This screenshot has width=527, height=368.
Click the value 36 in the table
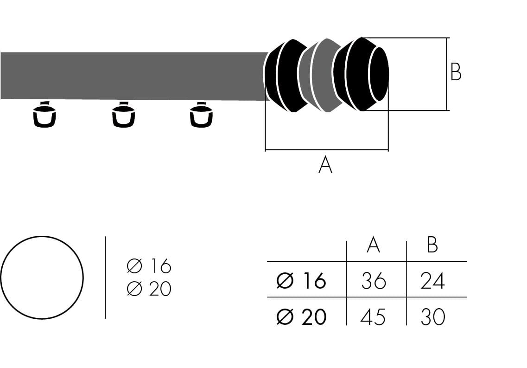pyautogui.click(x=373, y=281)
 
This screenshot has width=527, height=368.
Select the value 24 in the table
pyautogui.click(x=432, y=281)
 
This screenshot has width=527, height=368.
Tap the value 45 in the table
pyautogui.click(x=373, y=317)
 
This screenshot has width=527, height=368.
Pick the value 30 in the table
pyautogui.click(x=432, y=317)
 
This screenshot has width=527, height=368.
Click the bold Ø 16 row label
pyautogui.click(x=301, y=281)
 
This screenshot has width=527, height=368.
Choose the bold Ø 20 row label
pyautogui.click(x=301, y=317)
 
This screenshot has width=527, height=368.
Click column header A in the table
pyautogui.click(x=373, y=245)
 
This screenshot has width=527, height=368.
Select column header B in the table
pyautogui.click(x=432, y=245)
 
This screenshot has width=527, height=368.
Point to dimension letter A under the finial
pyautogui.click(x=325, y=165)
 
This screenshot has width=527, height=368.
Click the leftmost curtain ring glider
pyautogui.click(x=44, y=115)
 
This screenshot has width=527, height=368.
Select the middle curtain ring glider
pyautogui.click(x=123, y=115)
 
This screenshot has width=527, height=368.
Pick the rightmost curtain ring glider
pyautogui.click(x=201, y=115)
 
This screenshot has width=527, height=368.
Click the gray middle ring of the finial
pyautogui.click(x=320, y=76)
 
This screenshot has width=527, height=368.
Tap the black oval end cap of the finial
pyautogui.click(x=379, y=74)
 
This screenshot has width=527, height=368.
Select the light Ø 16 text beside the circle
pyautogui.click(x=149, y=266)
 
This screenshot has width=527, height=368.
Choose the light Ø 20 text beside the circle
pyautogui.click(x=149, y=289)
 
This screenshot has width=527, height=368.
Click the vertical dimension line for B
pyautogui.click(x=447, y=74)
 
